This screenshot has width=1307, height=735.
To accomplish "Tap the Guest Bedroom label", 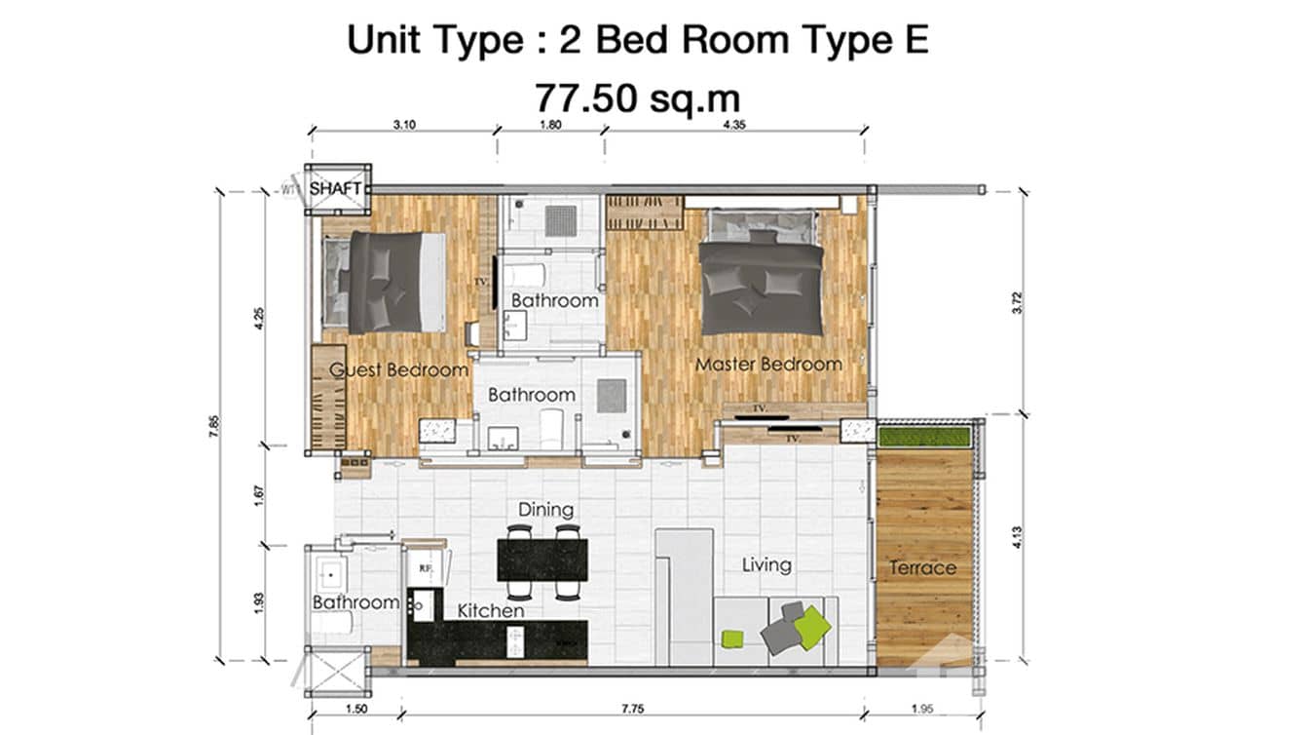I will [x=398, y=370].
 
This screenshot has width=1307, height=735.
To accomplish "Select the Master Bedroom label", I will [x=768, y=365].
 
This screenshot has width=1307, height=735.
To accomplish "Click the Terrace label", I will [x=922, y=567].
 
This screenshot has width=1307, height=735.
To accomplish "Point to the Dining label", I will [x=545, y=510].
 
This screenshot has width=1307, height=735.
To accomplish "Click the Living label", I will [x=766, y=564].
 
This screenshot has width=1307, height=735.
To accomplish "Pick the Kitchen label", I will [x=491, y=611].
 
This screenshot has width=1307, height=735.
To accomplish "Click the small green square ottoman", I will [x=731, y=638].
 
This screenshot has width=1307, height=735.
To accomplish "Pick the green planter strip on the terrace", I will [x=924, y=436].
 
